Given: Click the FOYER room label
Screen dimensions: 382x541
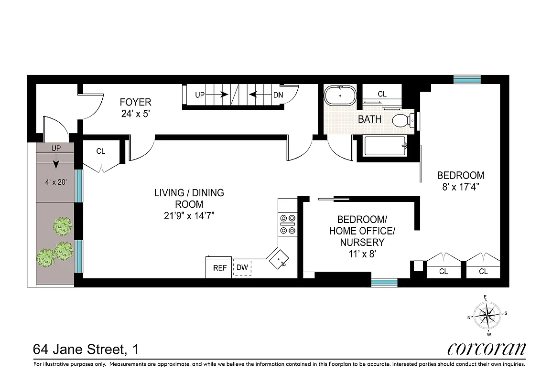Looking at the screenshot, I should (x=135, y=102).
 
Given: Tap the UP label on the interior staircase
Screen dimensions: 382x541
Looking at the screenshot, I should (x=200, y=95).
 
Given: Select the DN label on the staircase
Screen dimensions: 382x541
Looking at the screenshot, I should (x=278, y=95).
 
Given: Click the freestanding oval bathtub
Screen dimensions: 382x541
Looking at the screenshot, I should (x=340, y=95).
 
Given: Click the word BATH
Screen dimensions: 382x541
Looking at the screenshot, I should (x=370, y=119).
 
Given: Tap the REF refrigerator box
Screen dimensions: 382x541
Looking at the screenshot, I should (x=219, y=268).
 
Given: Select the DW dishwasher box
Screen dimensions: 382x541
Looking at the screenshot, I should (x=242, y=268).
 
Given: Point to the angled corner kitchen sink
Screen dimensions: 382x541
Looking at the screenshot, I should (x=279, y=258).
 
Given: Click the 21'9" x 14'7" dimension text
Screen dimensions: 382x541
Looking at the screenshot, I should (x=189, y=215).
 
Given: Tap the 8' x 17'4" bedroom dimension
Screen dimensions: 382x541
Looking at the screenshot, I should (x=460, y=187).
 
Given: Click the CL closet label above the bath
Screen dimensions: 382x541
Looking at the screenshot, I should (x=382, y=94).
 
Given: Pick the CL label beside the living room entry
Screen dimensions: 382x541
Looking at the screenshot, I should (x=100, y=151).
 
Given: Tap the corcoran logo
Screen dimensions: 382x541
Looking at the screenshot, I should (x=487, y=349).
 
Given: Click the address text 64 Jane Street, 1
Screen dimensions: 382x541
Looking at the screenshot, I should (x=86, y=350).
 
